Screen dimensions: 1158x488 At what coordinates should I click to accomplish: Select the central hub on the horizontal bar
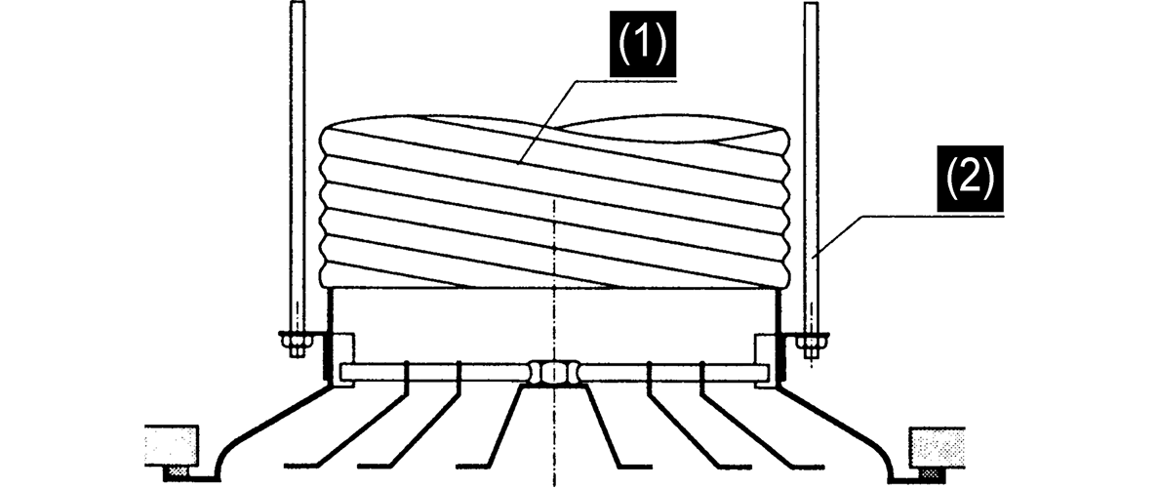click(x=552, y=372)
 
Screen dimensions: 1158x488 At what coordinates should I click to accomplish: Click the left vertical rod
click(x=297, y=166)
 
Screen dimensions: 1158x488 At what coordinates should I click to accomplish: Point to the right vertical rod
click(x=810, y=166)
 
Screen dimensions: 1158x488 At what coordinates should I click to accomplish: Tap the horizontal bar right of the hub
click(x=673, y=372)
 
